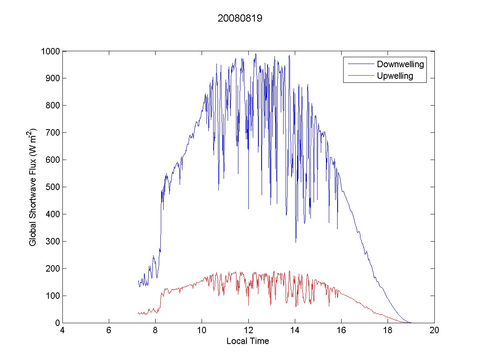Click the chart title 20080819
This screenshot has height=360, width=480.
(240, 19)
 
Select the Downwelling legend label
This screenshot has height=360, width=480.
(400, 64)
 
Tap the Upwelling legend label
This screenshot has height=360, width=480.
(395, 76)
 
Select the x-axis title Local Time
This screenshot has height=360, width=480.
(248, 341)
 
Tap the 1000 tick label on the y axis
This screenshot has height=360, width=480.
(50, 51)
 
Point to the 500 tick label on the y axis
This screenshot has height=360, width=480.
(53, 187)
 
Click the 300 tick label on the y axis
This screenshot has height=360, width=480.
(53, 242)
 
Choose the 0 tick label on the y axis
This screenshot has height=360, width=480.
(57, 323)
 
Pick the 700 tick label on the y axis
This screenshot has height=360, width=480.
(53, 133)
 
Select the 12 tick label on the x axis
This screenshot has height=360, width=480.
(248, 331)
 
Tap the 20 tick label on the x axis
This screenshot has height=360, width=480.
(434, 331)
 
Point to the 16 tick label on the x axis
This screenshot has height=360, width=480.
(341, 331)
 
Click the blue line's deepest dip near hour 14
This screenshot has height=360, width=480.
(296, 242)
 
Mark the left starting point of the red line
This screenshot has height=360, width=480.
(138, 313)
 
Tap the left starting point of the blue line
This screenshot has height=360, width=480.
(138, 281)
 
